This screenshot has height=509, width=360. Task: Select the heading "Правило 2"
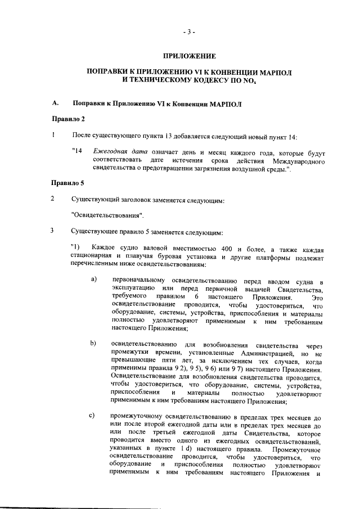click(68, 119)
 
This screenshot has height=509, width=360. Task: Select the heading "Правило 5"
click(68, 183)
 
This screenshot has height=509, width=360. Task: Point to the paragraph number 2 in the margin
click(53, 199)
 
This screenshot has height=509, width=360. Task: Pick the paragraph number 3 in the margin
click(53, 231)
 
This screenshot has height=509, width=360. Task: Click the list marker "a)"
click(94, 280)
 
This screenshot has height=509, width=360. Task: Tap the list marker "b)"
click(94, 343)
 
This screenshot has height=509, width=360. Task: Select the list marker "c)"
click(94, 415)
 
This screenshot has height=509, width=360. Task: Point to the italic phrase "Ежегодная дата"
click(116, 152)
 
